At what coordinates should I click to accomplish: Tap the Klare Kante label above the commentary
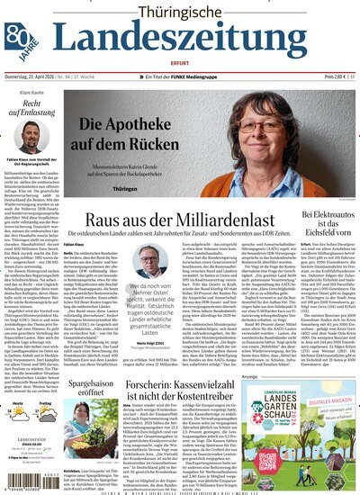point(21,94)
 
